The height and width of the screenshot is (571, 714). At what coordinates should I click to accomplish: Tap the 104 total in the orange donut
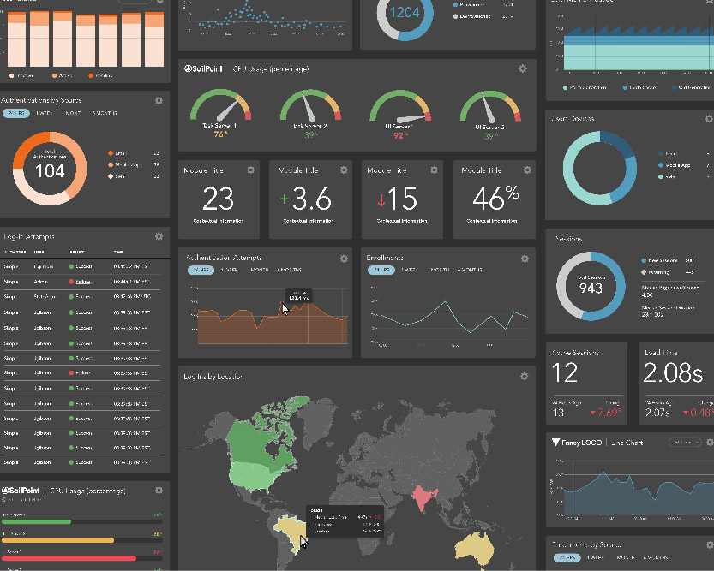[x=50, y=170]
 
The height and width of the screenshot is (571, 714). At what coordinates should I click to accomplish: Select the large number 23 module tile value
[x=219, y=199]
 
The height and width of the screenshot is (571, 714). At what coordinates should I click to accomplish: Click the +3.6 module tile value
[x=306, y=199]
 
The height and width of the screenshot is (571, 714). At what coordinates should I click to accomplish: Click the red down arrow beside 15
[x=381, y=199]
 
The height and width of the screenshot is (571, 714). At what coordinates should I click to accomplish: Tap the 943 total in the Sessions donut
[x=591, y=288]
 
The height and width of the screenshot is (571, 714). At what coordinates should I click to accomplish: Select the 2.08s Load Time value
[x=673, y=373]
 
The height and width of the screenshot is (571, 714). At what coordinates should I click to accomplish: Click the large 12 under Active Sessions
[x=565, y=373]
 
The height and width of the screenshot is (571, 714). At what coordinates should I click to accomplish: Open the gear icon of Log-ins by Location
[x=524, y=376]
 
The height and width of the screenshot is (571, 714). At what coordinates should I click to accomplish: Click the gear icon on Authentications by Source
[x=159, y=100]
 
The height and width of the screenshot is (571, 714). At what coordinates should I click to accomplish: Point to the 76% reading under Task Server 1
[x=219, y=134]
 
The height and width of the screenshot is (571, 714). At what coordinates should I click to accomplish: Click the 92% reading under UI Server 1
[x=399, y=134]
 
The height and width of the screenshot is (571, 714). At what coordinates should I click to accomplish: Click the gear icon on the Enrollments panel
[x=524, y=258]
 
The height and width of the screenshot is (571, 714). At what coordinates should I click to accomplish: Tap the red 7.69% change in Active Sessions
[x=609, y=413]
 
